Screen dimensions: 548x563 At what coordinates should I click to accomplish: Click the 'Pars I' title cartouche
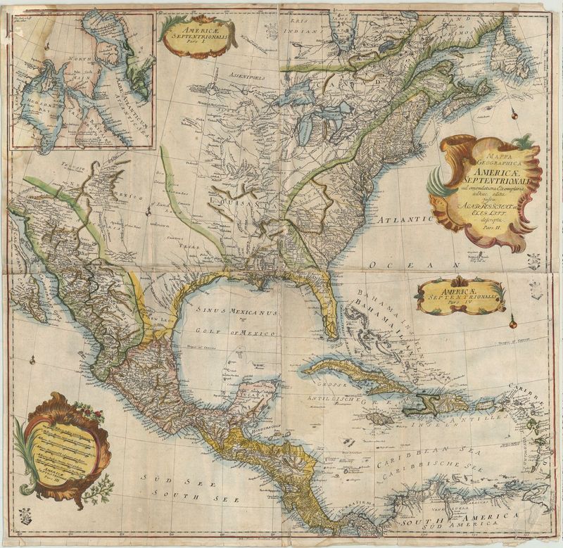[198, 36]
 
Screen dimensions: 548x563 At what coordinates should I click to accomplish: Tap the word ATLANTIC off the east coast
[405, 220]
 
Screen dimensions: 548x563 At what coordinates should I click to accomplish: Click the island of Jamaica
[380, 418]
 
